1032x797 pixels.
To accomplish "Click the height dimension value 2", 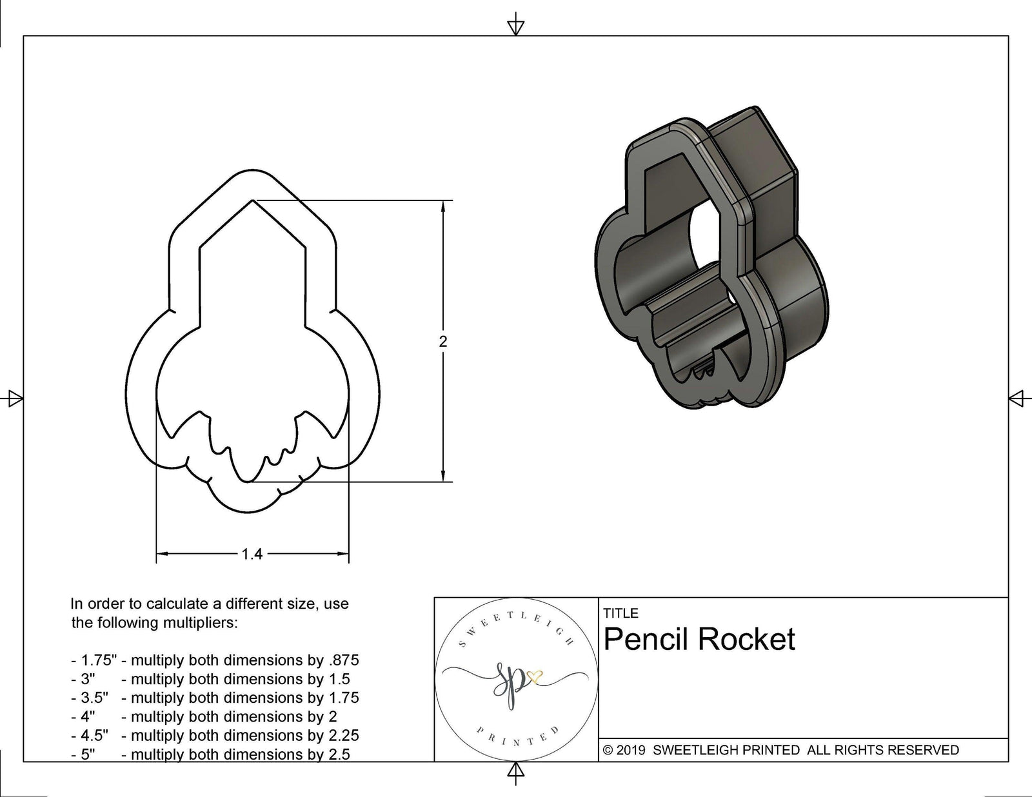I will (442, 342).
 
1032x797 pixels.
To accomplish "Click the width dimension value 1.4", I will (252, 554).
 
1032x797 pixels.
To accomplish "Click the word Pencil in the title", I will (647, 640).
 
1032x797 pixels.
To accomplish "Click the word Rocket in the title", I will (746, 640).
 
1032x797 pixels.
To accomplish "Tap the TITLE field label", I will (620, 613).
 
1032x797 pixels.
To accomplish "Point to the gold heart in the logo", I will (535, 677).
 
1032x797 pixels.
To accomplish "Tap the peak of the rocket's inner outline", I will (252, 201).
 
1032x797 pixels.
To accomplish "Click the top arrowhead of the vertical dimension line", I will (443, 206).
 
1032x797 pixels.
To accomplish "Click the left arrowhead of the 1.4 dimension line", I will (162, 553).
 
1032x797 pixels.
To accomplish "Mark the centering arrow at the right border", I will (1017, 398).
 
